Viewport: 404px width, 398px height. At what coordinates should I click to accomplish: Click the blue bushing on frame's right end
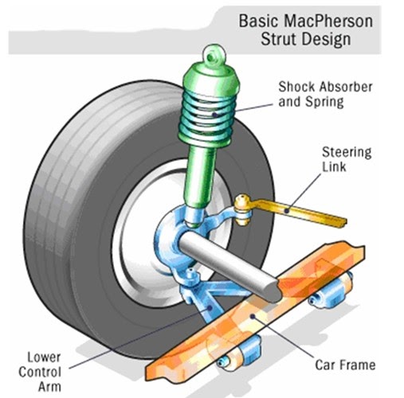coord(346,283)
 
